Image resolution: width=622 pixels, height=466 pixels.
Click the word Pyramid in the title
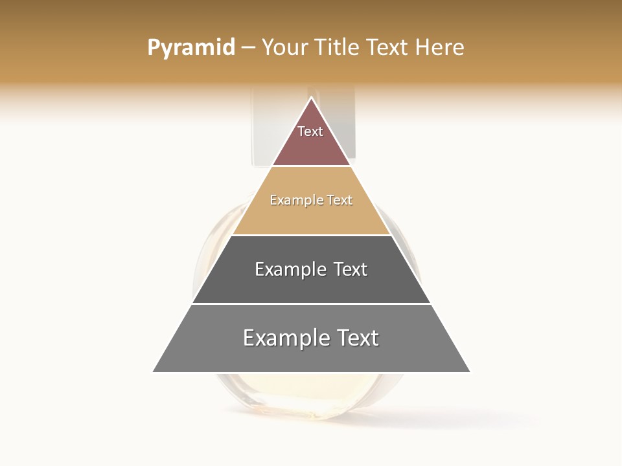[x=190, y=47]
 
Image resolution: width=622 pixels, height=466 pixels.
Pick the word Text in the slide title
[x=388, y=47]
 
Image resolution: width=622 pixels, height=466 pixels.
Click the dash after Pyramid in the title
[x=248, y=48]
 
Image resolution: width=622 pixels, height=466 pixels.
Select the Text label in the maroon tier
[x=310, y=131]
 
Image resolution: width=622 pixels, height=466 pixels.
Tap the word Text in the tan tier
[x=340, y=201]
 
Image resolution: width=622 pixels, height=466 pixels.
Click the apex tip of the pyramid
[x=312, y=98]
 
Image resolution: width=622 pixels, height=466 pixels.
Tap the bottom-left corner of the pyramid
[x=154, y=372]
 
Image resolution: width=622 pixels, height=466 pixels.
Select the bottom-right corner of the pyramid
[x=470, y=372]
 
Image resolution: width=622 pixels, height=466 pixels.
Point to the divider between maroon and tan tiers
[x=312, y=166]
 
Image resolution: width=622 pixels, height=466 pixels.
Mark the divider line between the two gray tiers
[x=312, y=304]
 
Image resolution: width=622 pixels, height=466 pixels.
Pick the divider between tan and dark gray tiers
[x=312, y=235]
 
